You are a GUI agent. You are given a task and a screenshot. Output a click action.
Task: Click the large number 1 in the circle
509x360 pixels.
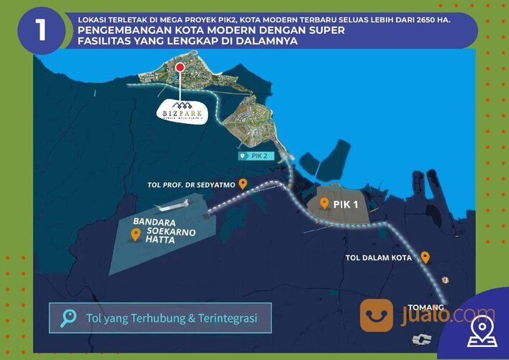[41, 31]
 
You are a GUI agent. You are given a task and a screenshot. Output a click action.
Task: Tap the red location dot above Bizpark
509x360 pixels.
[180, 67]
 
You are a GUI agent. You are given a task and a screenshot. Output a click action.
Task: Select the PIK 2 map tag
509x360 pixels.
[256, 156]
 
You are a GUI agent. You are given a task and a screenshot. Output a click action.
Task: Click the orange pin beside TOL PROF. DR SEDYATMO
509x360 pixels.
[243, 184]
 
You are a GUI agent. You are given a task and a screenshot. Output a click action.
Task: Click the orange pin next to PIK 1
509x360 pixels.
[325, 204]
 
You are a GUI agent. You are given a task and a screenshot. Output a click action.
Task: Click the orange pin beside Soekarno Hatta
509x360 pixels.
[135, 234]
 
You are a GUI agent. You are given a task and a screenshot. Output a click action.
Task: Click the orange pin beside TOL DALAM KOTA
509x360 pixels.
[425, 256]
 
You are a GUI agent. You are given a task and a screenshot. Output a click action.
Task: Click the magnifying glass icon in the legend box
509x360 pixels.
[69, 318]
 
